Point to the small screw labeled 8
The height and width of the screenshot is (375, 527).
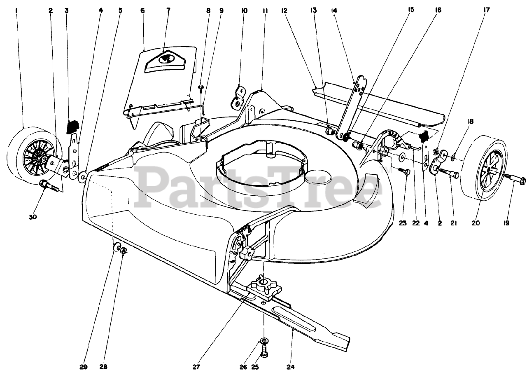(x=201, y=87)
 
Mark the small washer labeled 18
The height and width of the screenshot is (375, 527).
(x=453, y=157)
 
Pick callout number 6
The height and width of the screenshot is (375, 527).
(x=142, y=10)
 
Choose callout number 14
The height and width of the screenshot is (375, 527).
(x=333, y=10)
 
